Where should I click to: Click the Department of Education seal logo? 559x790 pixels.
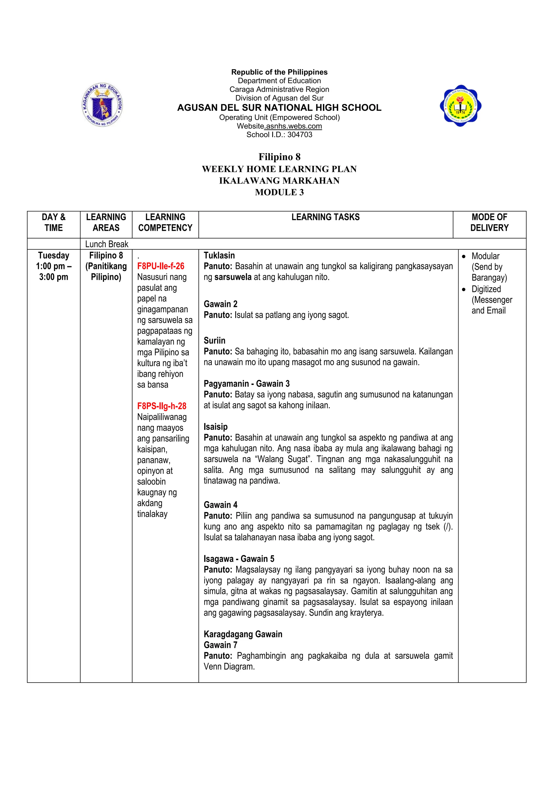point(102,104)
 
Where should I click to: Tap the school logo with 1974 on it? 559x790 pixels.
point(460,106)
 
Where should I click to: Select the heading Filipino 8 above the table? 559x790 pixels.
point(279,157)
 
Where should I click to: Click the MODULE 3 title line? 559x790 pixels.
point(279,192)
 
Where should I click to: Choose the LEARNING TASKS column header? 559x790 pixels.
point(325,217)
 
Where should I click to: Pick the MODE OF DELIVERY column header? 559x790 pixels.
point(489,222)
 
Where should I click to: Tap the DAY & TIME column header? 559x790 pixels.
point(54,222)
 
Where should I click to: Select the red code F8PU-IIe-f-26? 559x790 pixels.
point(161,266)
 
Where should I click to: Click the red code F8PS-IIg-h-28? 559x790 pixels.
point(162,406)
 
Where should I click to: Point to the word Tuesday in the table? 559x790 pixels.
point(54,255)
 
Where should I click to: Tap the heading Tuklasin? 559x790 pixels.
point(219,255)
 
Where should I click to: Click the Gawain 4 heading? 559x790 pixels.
point(221,505)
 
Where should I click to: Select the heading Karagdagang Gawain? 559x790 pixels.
point(243,634)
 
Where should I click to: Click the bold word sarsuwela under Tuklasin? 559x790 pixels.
point(233,277)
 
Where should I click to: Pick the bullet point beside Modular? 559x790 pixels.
point(464,257)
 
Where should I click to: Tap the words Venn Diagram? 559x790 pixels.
point(229,666)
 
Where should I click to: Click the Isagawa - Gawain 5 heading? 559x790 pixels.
point(239,559)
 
